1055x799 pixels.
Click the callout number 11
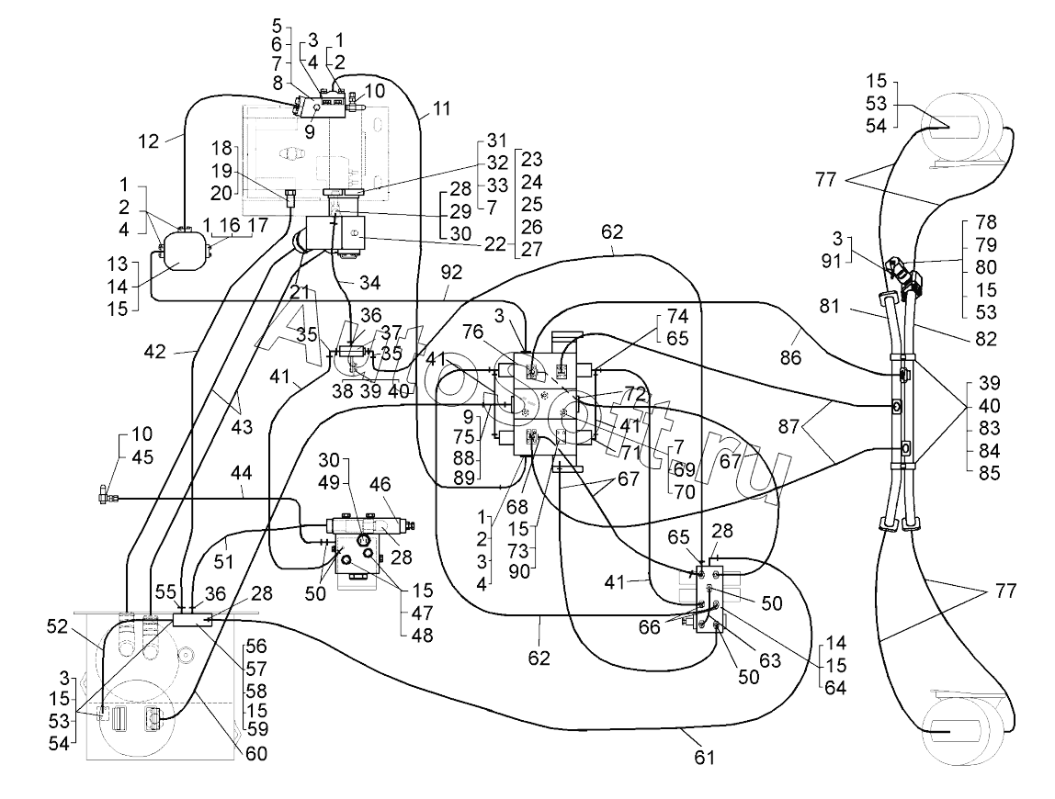click(441, 109)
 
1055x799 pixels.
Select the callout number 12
click(149, 141)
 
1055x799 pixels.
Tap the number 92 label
click(451, 273)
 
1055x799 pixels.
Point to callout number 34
click(369, 283)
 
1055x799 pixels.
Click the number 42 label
click(154, 351)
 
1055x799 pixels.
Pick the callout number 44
click(241, 474)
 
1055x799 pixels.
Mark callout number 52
click(58, 626)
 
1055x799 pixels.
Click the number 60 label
click(255, 754)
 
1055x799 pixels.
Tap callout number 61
click(704, 758)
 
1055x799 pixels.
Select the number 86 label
click(790, 357)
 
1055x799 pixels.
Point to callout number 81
click(829, 306)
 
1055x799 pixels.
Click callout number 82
click(986, 338)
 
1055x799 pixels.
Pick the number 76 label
click(473, 332)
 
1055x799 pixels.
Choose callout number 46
click(380, 484)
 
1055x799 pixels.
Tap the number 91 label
click(831, 260)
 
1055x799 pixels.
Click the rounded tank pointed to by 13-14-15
click(183, 250)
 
